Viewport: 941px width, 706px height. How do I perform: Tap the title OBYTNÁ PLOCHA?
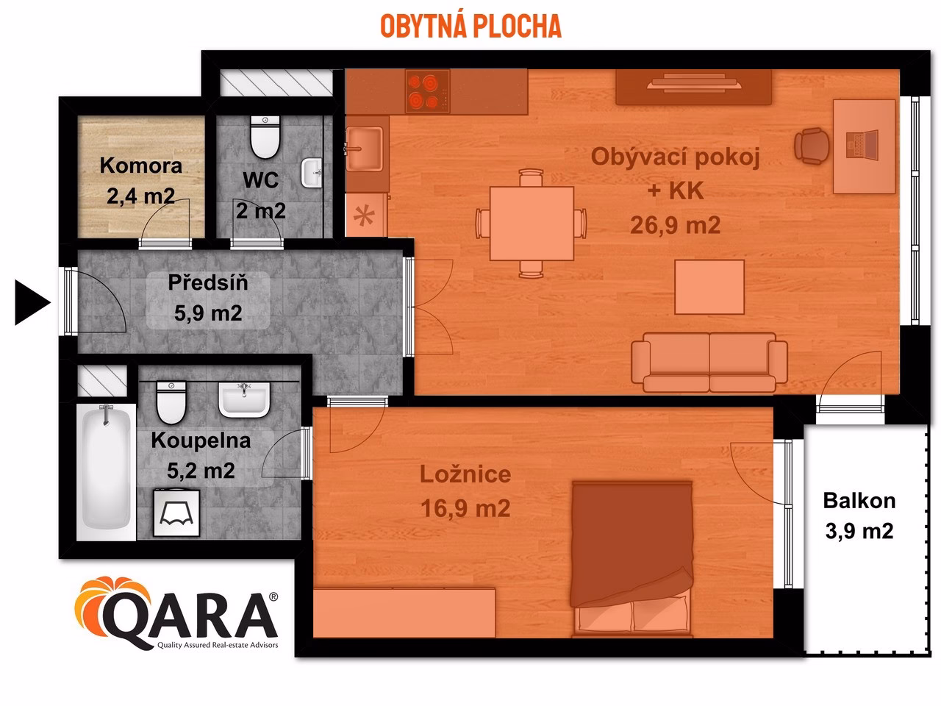point(470,26)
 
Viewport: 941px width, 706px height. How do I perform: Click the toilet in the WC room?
point(264,137)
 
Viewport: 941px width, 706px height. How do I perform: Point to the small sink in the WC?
point(312,174)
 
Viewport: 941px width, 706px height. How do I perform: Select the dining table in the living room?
point(532,223)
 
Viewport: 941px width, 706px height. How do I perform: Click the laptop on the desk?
point(862,144)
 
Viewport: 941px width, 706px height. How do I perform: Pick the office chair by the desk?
point(812,145)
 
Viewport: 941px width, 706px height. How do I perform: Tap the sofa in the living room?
point(709,362)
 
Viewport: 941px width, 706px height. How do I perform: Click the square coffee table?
point(709,288)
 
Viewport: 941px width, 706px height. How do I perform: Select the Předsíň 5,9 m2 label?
point(207,298)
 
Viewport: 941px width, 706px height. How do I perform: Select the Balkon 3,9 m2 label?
point(859,515)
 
